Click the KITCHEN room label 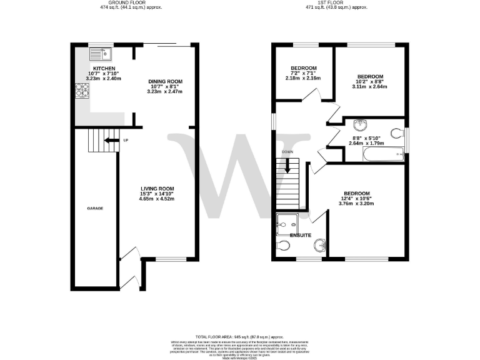102,67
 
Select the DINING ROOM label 164,81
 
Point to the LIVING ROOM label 156,189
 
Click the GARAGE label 94,207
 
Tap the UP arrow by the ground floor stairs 112,140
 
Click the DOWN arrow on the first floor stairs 287,166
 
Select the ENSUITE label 301,235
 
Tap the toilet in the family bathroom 396,132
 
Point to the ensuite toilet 283,247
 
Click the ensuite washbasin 319,244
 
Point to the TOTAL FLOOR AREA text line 239,336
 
